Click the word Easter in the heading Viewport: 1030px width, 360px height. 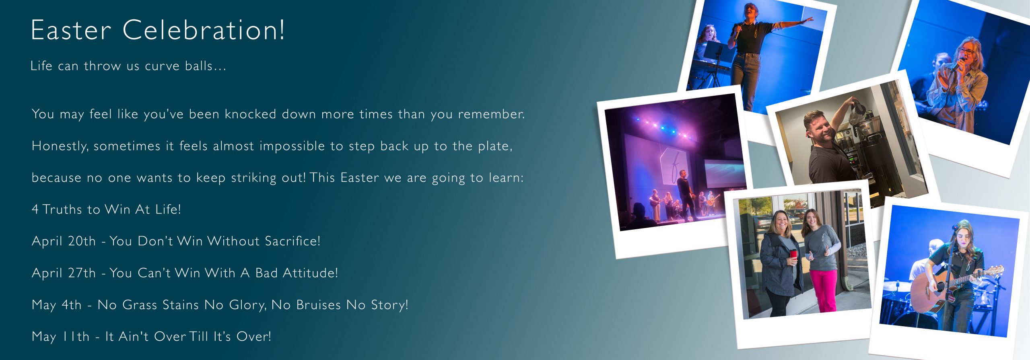(x=71, y=30)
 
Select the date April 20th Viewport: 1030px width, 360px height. (x=64, y=241)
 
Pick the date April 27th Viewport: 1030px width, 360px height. (x=64, y=273)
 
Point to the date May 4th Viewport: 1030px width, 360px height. (x=56, y=305)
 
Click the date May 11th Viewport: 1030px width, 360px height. (x=60, y=336)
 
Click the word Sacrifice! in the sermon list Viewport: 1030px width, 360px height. (x=293, y=241)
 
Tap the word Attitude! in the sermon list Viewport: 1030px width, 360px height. (x=310, y=273)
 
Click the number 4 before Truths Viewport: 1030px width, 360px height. (x=35, y=209)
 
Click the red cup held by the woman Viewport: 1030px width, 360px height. (x=793, y=255)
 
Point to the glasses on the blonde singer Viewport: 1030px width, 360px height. (x=967, y=51)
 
